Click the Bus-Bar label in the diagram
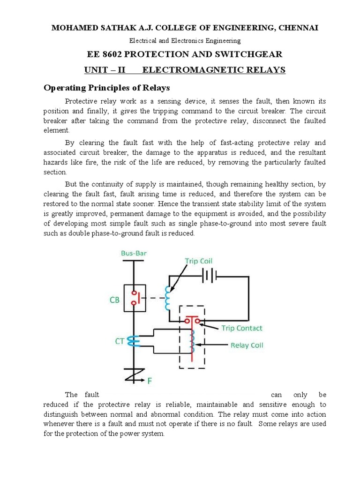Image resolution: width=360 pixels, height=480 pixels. click(134, 253)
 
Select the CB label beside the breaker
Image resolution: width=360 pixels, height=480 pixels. click(114, 300)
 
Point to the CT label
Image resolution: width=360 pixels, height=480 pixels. click(120, 341)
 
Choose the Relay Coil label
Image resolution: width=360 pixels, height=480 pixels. click(246, 345)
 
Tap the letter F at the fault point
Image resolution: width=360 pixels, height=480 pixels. click(150, 381)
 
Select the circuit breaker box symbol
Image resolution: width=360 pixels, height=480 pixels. click(134, 297)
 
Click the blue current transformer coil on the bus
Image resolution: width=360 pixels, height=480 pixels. click(134, 341)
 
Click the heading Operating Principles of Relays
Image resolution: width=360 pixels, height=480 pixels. click(106, 88)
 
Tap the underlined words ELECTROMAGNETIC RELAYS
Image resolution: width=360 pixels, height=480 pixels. click(214, 70)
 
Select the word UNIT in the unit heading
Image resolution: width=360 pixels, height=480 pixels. click(95, 70)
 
